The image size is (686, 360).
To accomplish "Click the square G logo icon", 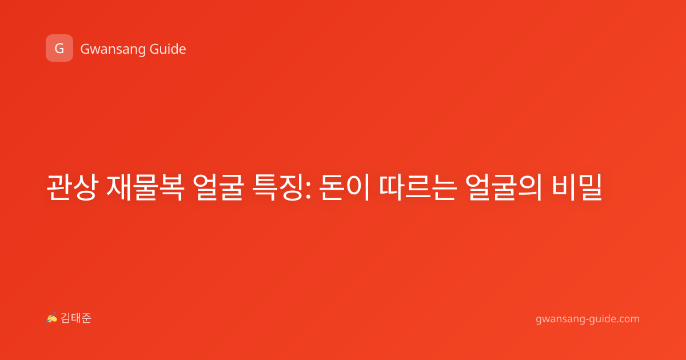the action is (x=59, y=48).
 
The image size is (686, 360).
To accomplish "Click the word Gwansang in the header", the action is (x=113, y=50).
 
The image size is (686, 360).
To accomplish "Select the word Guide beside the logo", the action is (x=168, y=49).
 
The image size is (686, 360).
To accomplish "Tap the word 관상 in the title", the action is (x=71, y=187).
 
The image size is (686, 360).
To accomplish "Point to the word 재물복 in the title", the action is (x=145, y=187).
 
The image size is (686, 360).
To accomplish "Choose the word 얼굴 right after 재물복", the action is (x=218, y=187).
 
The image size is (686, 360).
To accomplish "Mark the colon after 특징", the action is (x=308, y=190).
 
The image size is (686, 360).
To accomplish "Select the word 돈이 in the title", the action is (x=344, y=187).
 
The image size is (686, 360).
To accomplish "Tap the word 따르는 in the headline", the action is (x=418, y=187).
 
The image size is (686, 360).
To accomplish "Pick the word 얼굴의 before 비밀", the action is (x=504, y=187).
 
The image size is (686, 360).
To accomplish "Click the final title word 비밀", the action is (x=577, y=187).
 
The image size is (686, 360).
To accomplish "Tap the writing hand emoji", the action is (x=52, y=318).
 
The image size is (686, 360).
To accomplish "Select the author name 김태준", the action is (x=76, y=318).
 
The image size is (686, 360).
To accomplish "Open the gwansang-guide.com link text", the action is (x=588, y=319).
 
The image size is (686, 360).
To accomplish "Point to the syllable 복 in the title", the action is (x=171, y=187).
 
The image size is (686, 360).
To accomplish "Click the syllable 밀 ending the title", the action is (x=590, y=187).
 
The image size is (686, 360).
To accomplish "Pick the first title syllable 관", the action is (x=59, y=187).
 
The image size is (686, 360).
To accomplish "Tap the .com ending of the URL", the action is (x=628, y=319).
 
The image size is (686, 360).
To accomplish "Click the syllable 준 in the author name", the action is (x=86, y=318).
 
